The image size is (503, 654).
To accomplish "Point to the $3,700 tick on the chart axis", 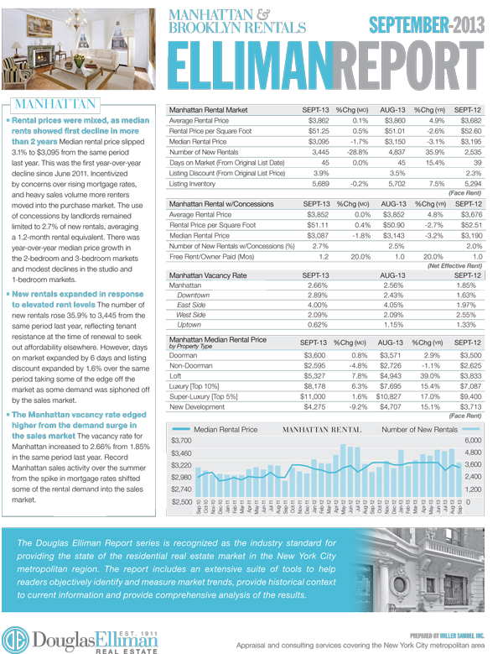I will point(182,441).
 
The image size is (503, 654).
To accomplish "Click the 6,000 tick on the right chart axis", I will point(474,441).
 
